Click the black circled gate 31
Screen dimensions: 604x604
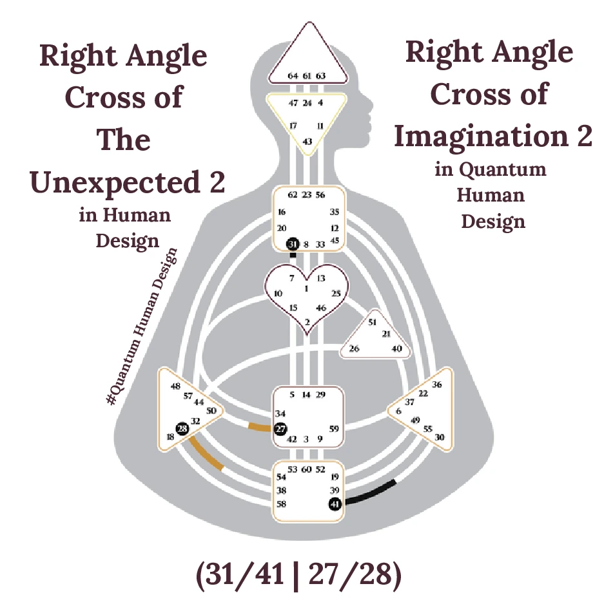[x=293, y=244]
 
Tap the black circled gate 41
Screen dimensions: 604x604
[x=335, y=504]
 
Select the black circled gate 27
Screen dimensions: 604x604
[x=280, y=429]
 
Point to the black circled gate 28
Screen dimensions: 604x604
[x=182, y=428]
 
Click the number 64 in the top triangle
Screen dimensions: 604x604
[x=293, y=76]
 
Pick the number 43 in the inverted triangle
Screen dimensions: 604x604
[x=307, y=142]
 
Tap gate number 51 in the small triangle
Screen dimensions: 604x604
[x=372, y=322]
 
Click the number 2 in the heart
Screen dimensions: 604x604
[x=307, y=321]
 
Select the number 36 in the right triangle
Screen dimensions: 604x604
[x=437, y=384]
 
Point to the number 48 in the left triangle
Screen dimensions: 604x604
[x=175, y=386]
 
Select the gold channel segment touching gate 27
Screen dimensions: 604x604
[x=260, y=427]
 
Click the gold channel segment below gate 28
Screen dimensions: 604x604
[x=206, y=455]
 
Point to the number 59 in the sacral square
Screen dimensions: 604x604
[x=334, y=428]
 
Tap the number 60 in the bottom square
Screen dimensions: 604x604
[x=307, y=469]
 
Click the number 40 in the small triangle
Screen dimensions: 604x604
[x=397, y=349]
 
